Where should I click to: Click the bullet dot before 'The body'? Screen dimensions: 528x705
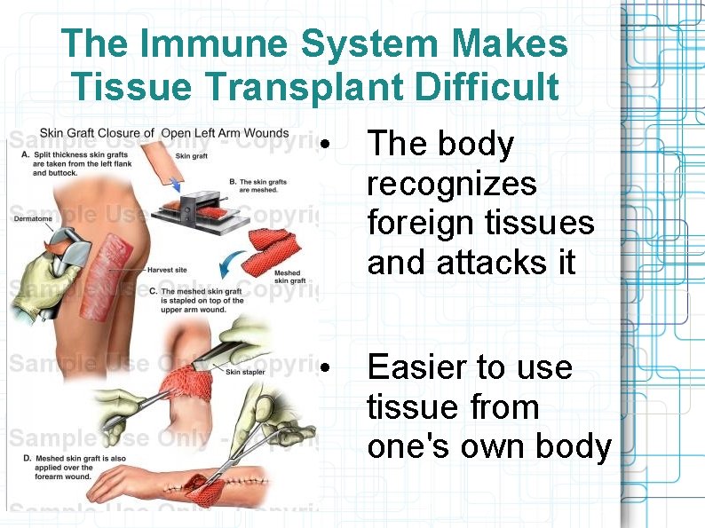coord(328,145)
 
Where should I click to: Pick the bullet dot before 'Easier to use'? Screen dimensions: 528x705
coord(328,367)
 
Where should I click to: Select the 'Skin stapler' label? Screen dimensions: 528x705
coord(245,372)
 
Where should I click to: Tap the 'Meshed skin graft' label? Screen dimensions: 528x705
coord(289,277)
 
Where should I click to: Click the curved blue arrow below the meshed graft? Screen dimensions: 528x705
coord(233,265)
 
